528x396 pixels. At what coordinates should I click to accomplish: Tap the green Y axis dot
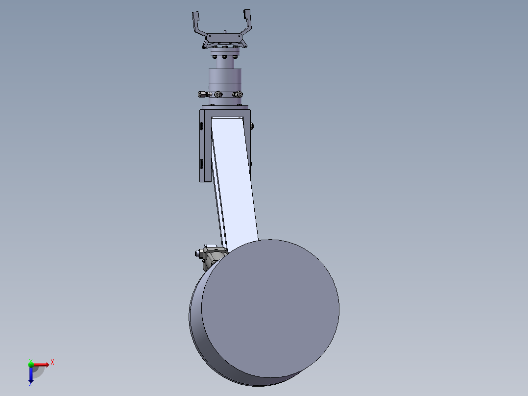31,364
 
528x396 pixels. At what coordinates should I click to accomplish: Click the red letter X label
52,362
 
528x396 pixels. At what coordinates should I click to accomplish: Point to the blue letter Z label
30,385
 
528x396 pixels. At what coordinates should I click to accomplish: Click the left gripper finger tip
195,17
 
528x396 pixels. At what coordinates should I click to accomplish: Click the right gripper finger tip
247,15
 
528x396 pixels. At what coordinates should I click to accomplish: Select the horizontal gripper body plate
225,37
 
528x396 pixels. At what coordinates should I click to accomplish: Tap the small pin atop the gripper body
225,32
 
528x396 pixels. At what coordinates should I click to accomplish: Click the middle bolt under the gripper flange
225,57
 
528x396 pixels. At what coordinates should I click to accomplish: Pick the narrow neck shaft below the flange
225,63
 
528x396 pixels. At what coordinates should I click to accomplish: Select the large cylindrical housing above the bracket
225,77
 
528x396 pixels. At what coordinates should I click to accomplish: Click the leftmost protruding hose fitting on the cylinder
202,94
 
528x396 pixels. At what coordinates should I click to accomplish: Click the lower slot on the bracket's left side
201,163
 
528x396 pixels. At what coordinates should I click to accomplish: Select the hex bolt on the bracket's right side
252,127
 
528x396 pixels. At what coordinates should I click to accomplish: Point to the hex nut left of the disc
198,253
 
